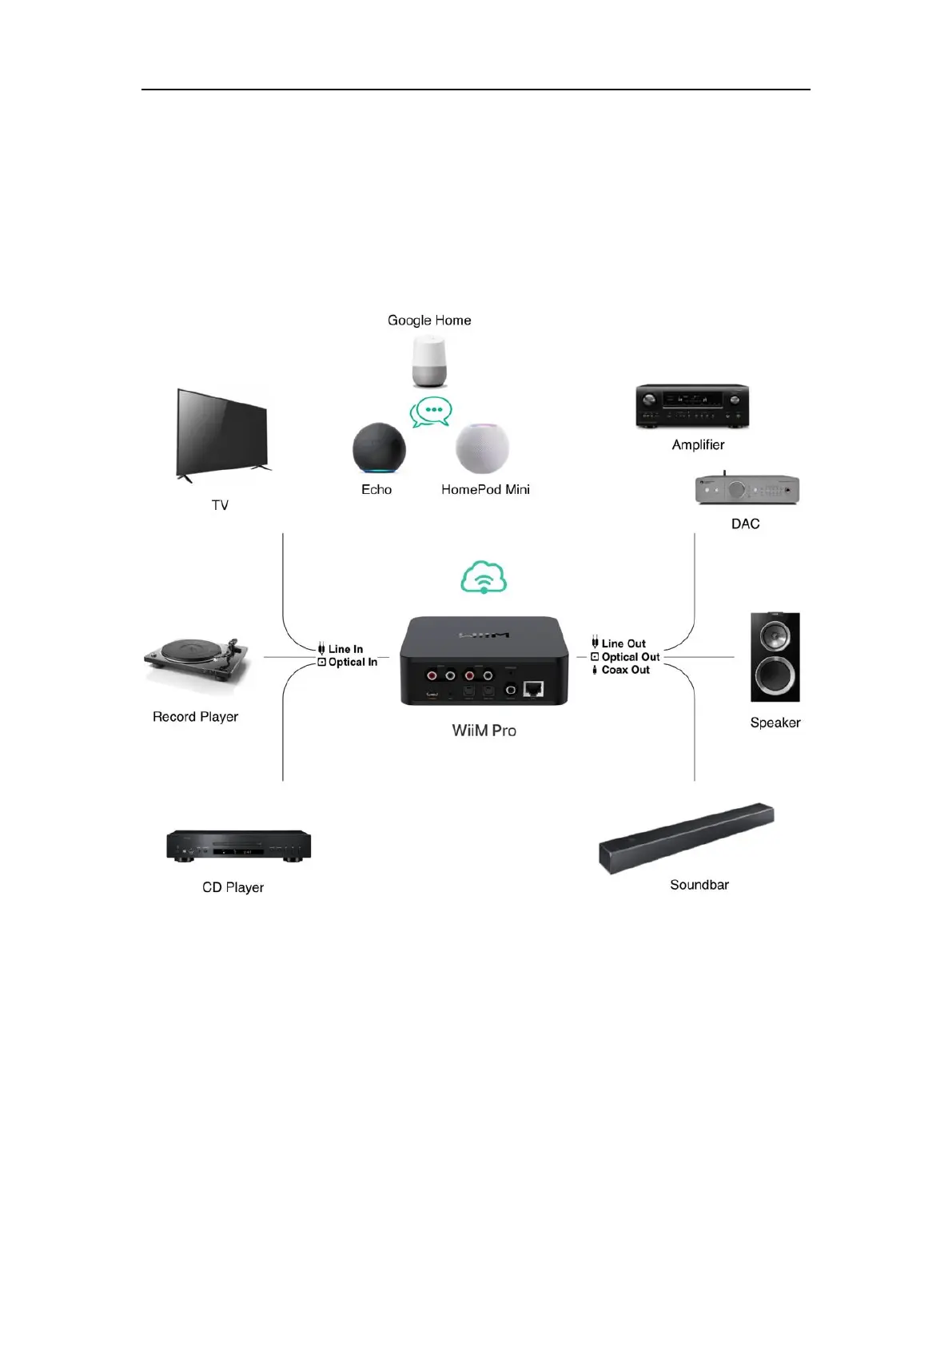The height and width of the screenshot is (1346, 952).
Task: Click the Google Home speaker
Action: (429, 361)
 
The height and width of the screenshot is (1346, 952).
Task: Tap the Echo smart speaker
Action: (379, 448)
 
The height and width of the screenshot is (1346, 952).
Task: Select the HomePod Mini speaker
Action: (482, 448)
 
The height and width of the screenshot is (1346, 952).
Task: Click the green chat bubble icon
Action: (431, 412)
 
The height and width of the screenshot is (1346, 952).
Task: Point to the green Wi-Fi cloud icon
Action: (484, 577)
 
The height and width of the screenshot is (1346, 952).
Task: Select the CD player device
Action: (238, 845)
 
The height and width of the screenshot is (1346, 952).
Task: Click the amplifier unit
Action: (692, 406)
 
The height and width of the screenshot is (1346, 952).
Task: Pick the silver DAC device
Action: (747, 489)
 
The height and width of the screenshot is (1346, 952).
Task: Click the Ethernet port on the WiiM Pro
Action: (534, 688)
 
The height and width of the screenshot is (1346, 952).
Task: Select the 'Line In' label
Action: (345, 649)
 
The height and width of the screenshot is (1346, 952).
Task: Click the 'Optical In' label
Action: (353, 662)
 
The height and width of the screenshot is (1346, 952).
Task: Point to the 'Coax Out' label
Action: (625, 670)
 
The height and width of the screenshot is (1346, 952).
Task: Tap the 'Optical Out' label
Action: (630, 657)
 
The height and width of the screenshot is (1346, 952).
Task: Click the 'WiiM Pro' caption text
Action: (484, 731)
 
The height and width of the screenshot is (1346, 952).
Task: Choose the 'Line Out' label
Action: (623, 643)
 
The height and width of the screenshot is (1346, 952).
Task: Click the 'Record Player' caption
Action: (195, 717)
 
